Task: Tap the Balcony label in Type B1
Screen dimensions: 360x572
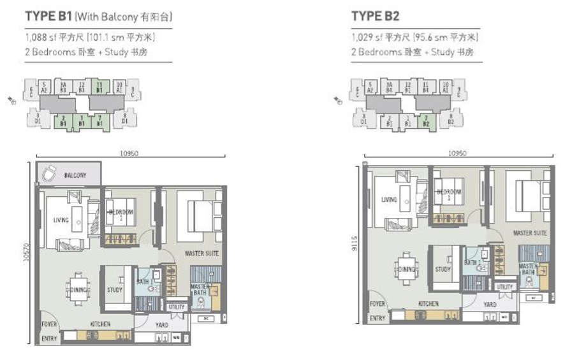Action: click(75, 174)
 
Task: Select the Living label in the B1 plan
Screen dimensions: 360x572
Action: click(61, 220)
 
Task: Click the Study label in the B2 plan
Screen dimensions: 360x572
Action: click(443, 270)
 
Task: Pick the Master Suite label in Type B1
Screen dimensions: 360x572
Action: click(202, 254)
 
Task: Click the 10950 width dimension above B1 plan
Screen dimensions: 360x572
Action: click(130, 152)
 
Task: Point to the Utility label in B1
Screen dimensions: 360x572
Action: click(177, 307)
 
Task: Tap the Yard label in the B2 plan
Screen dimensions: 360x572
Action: click(490, 305)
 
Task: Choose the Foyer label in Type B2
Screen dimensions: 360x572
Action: click(378, 305)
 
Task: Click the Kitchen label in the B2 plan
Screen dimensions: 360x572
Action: click(428, 305)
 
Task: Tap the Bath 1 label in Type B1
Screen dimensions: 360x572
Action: click(143, 280)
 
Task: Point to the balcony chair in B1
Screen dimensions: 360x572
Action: click(48, 172)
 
